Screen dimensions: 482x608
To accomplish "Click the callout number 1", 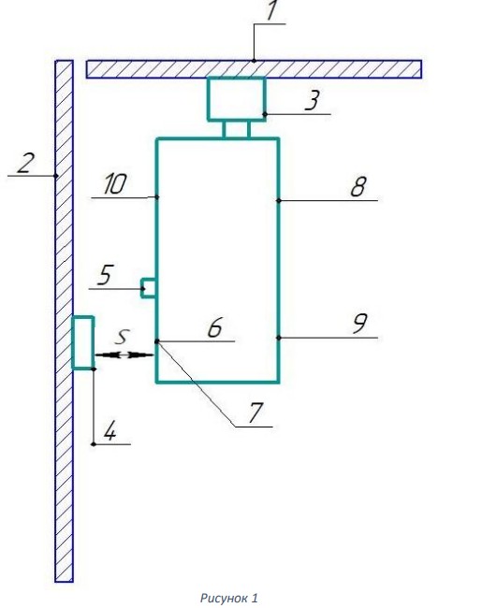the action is pos(271,9).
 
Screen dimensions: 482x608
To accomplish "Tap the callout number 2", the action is pos(25,163).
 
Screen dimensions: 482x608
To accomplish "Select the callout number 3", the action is pos(312,100).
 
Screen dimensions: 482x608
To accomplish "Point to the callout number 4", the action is pos(110,431).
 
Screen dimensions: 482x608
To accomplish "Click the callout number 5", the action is pos(105,274).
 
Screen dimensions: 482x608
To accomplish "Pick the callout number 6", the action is pos(214,327).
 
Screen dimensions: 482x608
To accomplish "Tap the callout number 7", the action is pos(256,413).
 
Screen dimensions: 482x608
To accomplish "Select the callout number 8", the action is pos(358,186).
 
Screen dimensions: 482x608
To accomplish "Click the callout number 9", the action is pos(359,324).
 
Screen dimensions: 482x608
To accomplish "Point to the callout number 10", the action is pos(115,183).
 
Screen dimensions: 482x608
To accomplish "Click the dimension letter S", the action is pos(122,337).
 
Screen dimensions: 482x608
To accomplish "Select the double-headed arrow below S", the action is pos(124,355).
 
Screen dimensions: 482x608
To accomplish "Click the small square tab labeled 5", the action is pos(149,288).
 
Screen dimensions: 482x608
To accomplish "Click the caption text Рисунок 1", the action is pos(229,598).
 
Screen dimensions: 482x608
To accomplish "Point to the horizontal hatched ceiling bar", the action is pos(254,69).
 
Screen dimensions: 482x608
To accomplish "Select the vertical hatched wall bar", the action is pos(64,321).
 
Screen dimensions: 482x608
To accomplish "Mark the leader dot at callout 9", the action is pos(278,338).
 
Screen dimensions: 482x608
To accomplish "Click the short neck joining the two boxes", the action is pos(237,129).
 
